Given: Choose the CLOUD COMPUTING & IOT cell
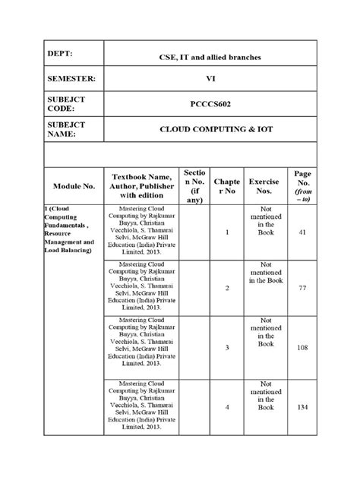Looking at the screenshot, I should pos(210,129).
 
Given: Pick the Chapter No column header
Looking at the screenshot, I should pos(226,185).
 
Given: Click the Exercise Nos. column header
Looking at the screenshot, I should pos(265,185).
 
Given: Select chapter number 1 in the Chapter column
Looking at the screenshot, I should pos(226,232).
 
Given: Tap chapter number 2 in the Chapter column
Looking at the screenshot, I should pos(226,289).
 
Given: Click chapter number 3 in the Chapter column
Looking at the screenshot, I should pos(226,346).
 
